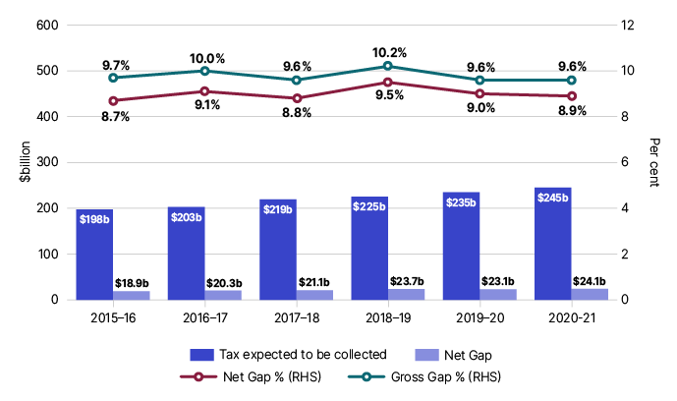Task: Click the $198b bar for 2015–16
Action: [94, 254]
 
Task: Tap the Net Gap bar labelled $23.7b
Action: [407, 294]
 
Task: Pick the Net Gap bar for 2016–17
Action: [223, 295]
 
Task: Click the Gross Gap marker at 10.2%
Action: [388, 66]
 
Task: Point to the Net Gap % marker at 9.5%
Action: [388, 83]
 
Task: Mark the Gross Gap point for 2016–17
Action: [204, 71]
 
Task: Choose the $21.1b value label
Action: [314, 283]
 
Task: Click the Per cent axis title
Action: [654, 162]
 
